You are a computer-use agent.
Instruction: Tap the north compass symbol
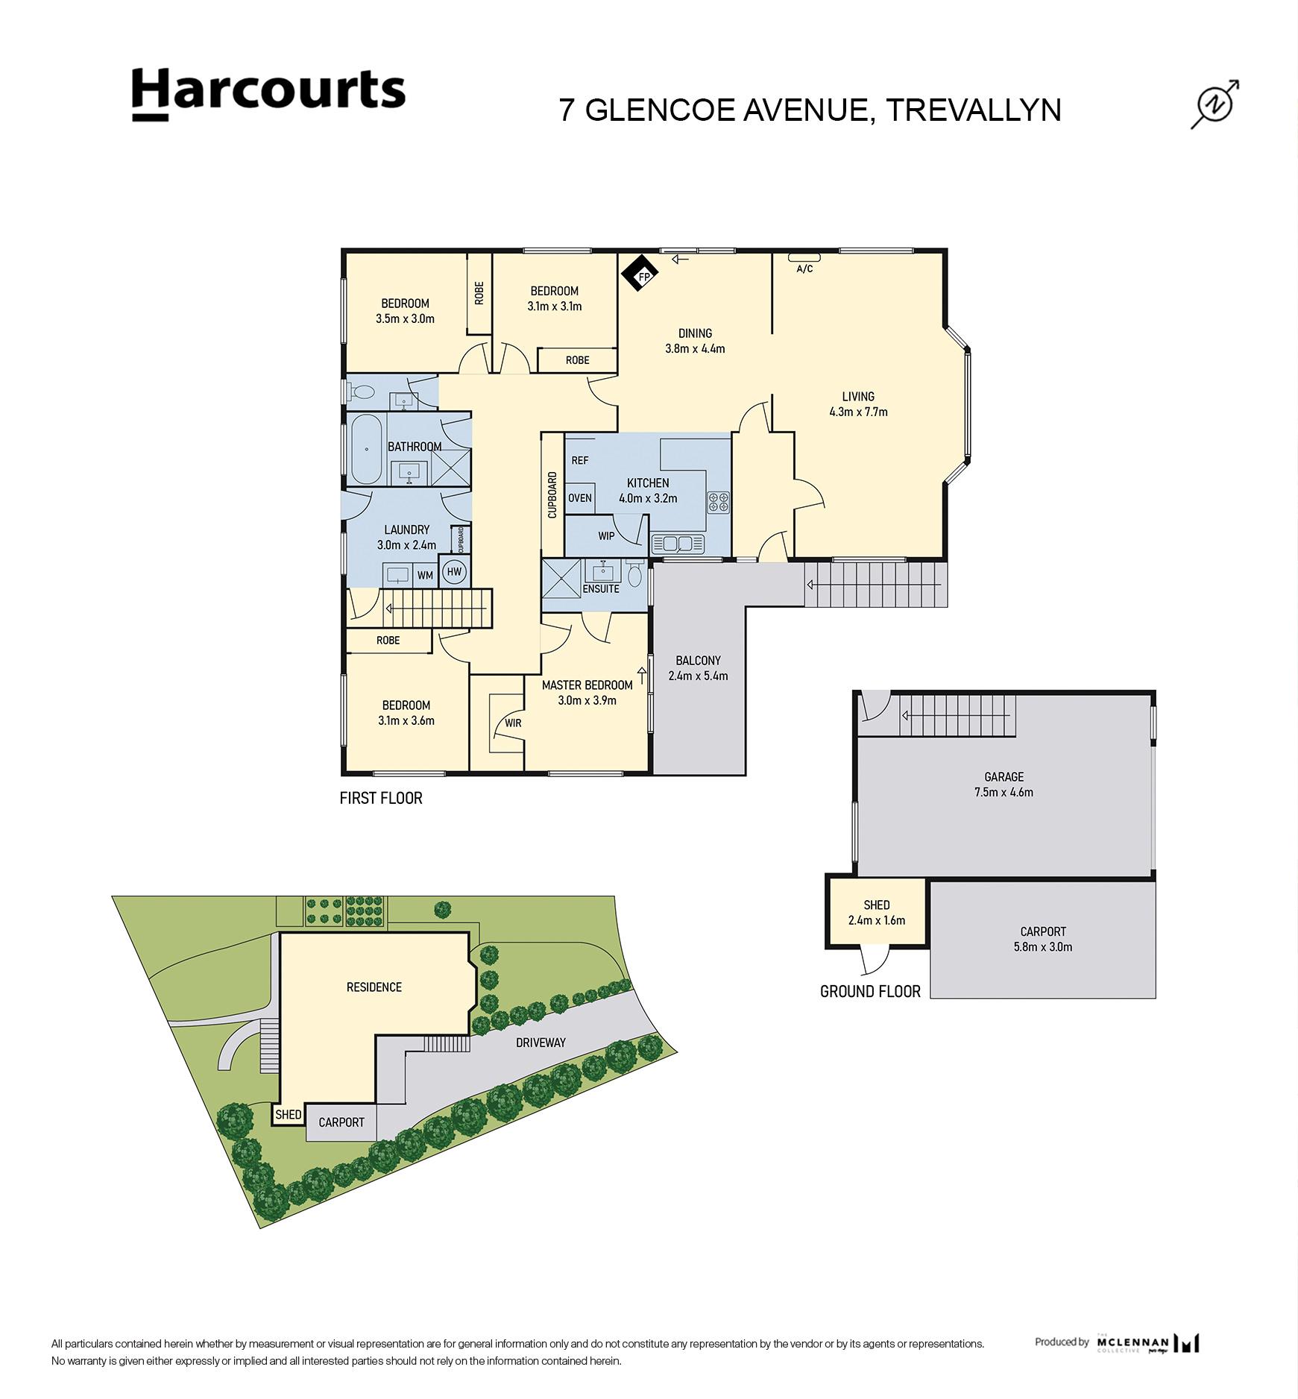tap(1214, 104)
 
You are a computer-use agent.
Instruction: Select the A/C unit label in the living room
tap(804, 268)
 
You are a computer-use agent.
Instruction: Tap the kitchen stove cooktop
tap(719, 502)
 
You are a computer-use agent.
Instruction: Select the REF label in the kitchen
tap(580, 461)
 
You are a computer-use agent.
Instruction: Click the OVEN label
tap(580, 498)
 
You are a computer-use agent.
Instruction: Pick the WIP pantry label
tap(606, 535)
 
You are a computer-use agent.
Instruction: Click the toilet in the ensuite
tap(634, 574)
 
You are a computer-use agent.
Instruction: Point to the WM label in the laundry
tap(425, 575)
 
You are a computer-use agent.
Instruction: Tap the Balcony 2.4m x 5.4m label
tap(698, 668)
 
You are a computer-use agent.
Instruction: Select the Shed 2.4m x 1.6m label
tap(877, 913)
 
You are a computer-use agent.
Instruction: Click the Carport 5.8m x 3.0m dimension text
tap(1043, 947)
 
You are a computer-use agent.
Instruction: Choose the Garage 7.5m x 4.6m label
tap(1004, 785)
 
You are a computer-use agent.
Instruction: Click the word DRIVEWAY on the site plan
tap(541, 1042)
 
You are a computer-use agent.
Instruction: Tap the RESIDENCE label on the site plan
tap(374, 987)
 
